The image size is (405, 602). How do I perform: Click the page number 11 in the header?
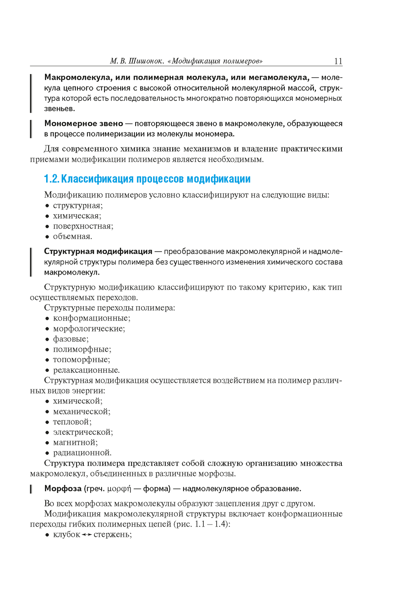(x=338, y=61)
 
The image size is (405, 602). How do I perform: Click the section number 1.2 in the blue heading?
(x=51, y=179)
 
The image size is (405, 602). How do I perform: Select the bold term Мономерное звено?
(x=83, y=124)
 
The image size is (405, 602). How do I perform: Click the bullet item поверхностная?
(x=83, y=226)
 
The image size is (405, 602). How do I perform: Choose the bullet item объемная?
(x=72, y=237)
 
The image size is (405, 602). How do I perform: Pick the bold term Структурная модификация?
(x=98, y=252)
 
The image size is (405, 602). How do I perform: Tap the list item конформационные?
(x=92, y=318)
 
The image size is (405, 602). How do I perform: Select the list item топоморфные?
(x=81, y=360)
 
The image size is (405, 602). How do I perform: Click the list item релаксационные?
(x=86, y=370)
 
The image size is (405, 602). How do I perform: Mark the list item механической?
(x=81, y=412)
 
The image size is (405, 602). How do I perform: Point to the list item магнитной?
(x=75, y=442)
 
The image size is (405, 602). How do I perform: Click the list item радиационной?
(x=82, y=453)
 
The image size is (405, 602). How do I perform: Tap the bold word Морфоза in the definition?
(x=63, y=489)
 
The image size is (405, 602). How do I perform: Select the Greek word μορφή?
(x=119, y=489)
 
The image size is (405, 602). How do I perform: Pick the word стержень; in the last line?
(x=113, y=535)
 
